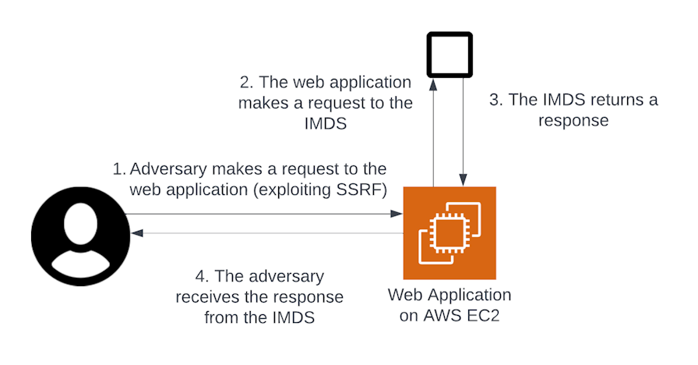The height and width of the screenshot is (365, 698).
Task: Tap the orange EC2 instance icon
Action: click(x=449, y=233)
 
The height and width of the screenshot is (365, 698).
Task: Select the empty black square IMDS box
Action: click(x=449, y=54)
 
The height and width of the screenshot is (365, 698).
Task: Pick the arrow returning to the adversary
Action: click(x=265, y=233)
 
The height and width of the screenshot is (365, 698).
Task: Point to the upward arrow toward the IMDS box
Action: click(x=432, y=133)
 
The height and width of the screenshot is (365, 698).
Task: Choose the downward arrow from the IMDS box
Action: click(x=464, y=133)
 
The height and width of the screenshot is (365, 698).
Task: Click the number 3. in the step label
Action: click(x=496, y=101)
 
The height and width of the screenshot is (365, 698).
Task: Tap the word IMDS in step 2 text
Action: click(x=326, y=123)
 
